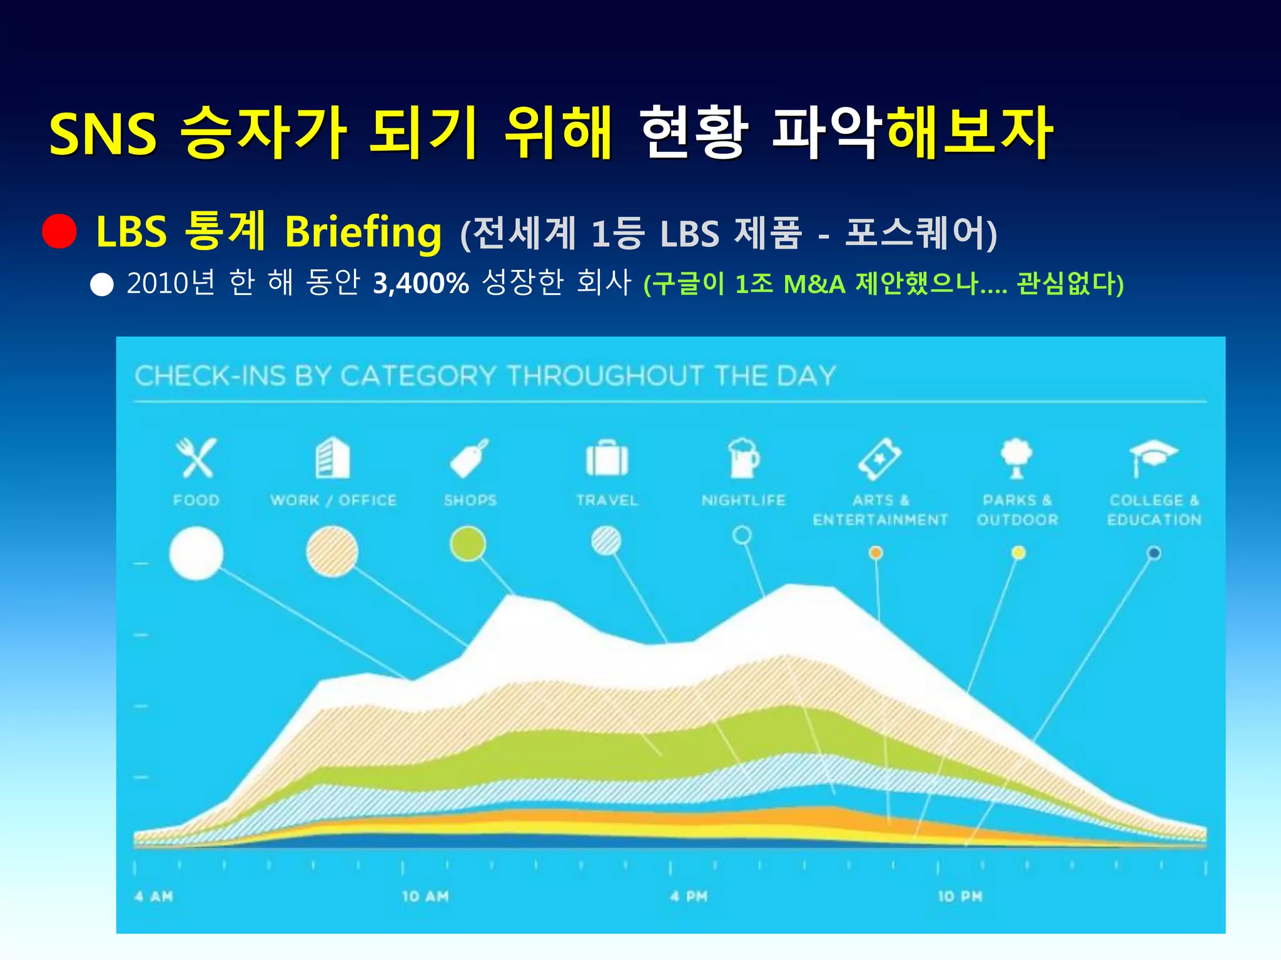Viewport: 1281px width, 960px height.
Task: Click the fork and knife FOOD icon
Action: (196, 458)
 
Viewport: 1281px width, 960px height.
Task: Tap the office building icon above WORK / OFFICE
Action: (332, 458)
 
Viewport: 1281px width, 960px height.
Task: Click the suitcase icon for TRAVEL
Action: (606, 459)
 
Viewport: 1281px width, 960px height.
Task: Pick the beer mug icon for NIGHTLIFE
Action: (743, 458)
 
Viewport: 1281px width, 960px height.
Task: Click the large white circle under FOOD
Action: (196, 553)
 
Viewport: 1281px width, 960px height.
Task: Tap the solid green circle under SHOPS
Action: (468, 543)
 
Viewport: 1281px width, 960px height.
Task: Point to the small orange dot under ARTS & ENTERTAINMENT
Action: (876, 552)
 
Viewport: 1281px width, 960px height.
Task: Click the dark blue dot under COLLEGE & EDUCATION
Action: (1154, 553)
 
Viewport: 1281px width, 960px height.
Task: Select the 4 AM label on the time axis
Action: (154, 896)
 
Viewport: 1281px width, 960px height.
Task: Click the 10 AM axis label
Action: (425, 896)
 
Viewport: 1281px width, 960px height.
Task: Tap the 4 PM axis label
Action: (689, 896)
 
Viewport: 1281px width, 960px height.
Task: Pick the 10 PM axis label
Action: (960, 896)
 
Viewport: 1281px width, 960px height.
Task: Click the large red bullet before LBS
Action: (59, 231)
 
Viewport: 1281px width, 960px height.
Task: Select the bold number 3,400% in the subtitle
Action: (420, 284)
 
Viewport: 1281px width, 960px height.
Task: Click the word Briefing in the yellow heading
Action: (363, 232)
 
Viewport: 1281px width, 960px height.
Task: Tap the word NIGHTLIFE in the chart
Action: (743, 500)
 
